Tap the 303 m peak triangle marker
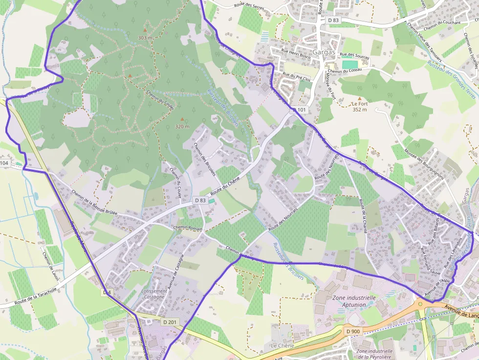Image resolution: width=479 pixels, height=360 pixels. (145, 30)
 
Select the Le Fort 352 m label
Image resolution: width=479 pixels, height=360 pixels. (360, 106)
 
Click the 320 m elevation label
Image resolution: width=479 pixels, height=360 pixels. (182, 127)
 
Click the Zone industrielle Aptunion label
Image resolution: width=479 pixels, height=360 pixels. (353, 300)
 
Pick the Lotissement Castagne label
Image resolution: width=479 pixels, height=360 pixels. (153, 294)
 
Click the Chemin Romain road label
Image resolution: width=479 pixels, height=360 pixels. (188, 228)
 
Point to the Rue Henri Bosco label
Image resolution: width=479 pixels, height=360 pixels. (297, 51)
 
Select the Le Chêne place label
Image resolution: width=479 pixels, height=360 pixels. (283, 345)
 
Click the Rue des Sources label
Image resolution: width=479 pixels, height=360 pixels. (354, 56)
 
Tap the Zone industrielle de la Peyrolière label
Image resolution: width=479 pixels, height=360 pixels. (375, 353)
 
